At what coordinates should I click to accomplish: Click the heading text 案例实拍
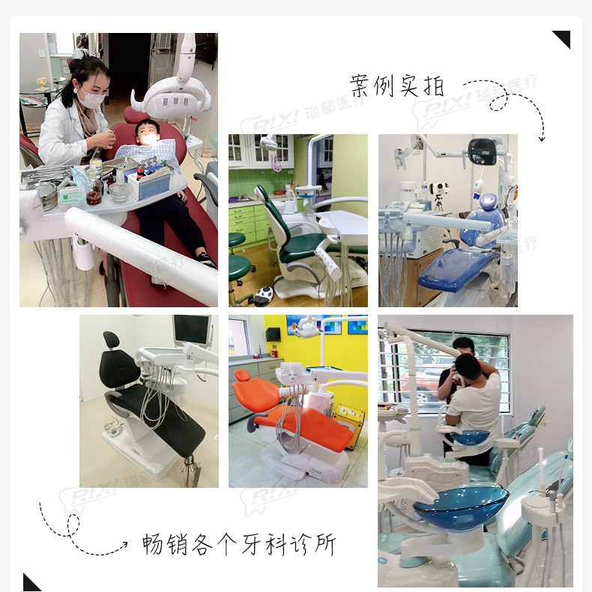(397, 85)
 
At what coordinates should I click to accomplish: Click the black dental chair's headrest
(111, 340)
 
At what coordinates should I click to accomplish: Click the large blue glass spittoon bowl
(461, 507)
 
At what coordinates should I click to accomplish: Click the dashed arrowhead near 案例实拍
(542, 138)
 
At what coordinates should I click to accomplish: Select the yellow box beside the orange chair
(348, 424)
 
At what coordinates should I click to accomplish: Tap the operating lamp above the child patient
(169, 94)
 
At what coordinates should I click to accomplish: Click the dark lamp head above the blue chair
(484, 151)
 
